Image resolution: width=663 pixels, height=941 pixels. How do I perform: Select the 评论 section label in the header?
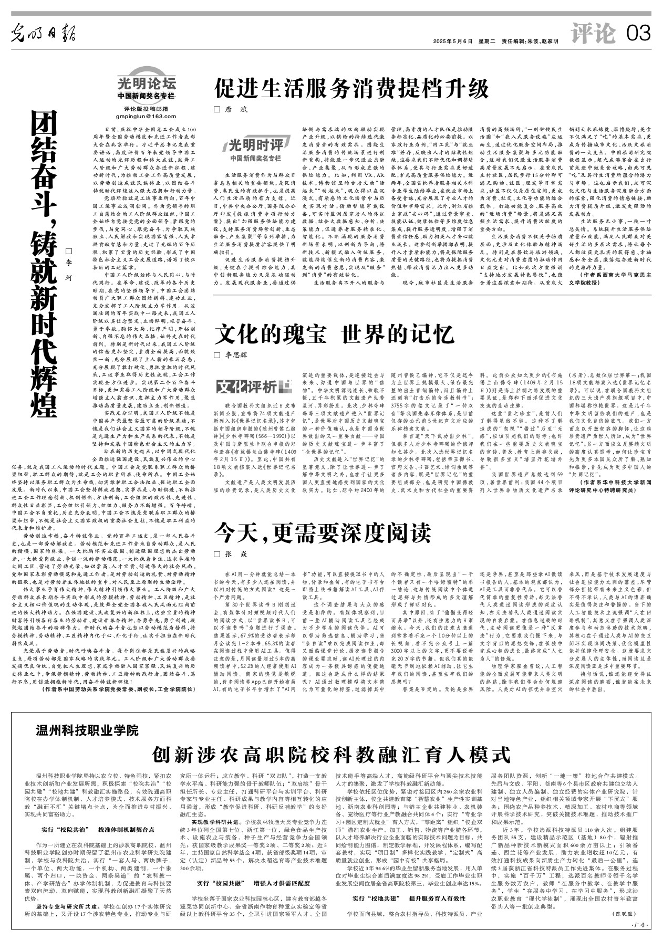(x=594, y=35)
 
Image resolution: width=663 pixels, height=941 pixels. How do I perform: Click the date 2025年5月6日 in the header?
(x=452, y=41)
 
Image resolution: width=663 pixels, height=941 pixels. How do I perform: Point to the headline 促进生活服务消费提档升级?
(x=351, y=89)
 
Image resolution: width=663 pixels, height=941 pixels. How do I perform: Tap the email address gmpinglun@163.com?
(x=147, y=116)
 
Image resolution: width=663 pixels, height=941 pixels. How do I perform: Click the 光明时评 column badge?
(x=256, y=145)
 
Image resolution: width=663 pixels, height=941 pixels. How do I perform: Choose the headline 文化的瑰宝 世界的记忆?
(x=334, y=335)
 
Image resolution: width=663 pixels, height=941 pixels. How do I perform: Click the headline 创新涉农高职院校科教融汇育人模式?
(x=331, y=755)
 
